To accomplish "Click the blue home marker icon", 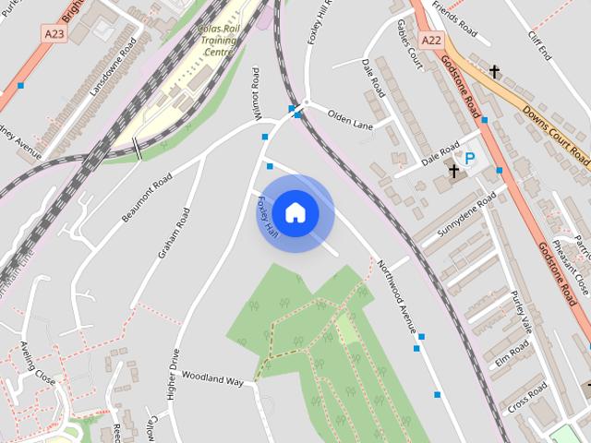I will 295,212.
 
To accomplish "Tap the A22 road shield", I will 431,41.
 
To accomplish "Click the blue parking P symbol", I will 469,159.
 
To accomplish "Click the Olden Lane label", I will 349,118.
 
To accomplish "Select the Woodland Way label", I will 211,378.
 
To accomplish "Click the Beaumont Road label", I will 149,195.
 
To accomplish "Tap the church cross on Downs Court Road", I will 494,71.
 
